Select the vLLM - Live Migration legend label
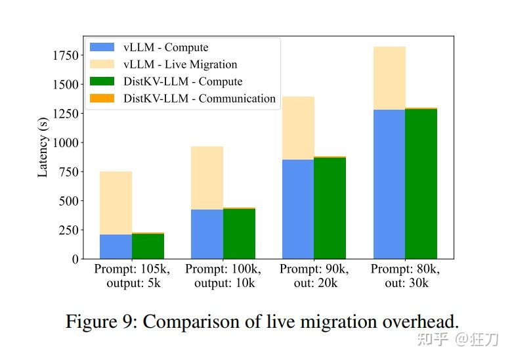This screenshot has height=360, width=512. click(180, 64)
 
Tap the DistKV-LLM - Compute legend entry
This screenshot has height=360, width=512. click(182, 81)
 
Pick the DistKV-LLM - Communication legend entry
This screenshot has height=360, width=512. click(199, 99)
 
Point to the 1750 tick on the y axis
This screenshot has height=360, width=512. click(66, 55)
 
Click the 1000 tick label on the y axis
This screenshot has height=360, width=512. click(66, 143)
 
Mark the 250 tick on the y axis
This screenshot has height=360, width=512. click(68, 230)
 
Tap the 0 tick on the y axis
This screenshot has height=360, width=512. click(75, 259)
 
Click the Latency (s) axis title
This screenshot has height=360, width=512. click(43, 148)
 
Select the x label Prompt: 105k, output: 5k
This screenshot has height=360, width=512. click(132, 276)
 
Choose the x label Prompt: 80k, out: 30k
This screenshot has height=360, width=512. click(406, 276)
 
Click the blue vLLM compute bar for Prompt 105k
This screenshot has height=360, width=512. click(116, 246)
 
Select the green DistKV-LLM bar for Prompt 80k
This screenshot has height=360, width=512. click(421, 183)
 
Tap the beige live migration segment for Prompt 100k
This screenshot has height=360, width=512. click(207, 178)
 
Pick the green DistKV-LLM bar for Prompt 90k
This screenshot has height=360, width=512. click(330, 208)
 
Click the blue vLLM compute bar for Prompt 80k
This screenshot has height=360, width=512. click(389, 184)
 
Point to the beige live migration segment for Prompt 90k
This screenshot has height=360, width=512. click(298, 128)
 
